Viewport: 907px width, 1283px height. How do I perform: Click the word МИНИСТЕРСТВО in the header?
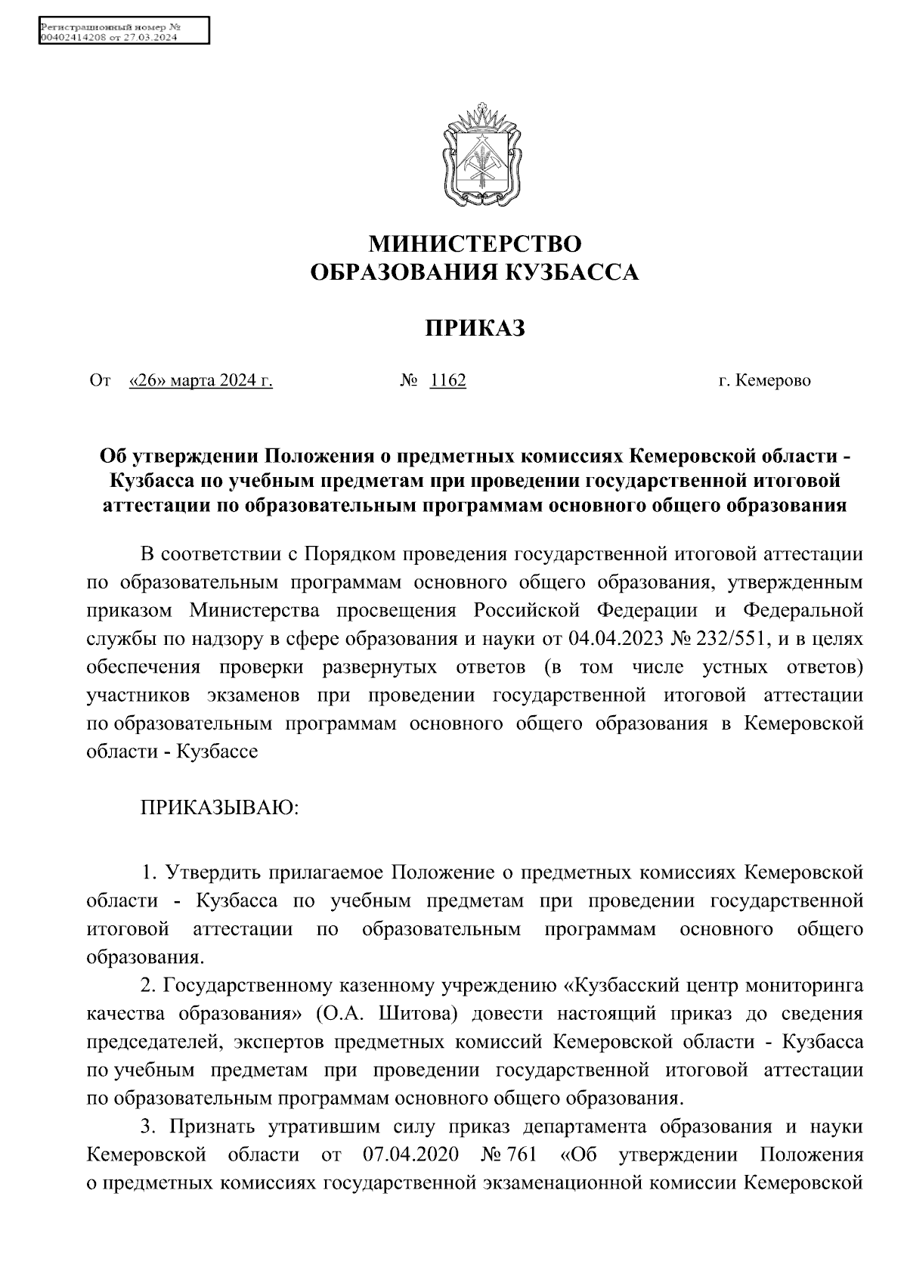pos(475,243)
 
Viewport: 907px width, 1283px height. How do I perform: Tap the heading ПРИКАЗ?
pos(475,328)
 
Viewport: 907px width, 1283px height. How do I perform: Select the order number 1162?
pos(447,380)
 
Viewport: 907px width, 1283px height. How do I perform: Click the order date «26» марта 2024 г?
pos(201,380)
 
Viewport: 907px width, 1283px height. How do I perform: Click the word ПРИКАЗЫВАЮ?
pos(220,808)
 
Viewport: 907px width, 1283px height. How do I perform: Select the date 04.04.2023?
pos(614,639)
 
